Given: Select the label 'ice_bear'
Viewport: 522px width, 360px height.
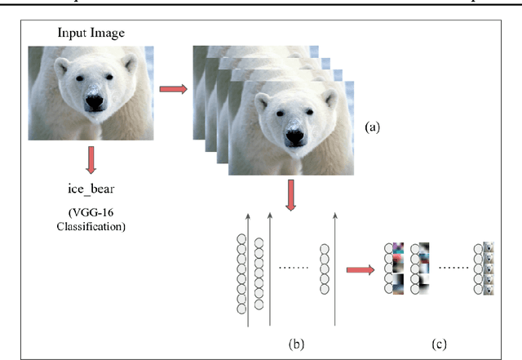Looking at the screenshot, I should click(91, 189).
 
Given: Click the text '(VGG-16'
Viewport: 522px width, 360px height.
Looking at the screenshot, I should click(91, 214).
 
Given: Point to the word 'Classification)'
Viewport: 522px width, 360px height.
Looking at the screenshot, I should click(91, 228).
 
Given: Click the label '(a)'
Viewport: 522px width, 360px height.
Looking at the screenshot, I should click(371, 127).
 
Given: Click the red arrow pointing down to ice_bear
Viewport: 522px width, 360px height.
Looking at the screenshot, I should click(91, 160).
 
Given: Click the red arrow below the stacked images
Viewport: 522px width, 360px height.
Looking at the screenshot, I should click(290, 194).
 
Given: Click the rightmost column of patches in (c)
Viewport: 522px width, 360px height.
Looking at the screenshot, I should click(486, 267).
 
